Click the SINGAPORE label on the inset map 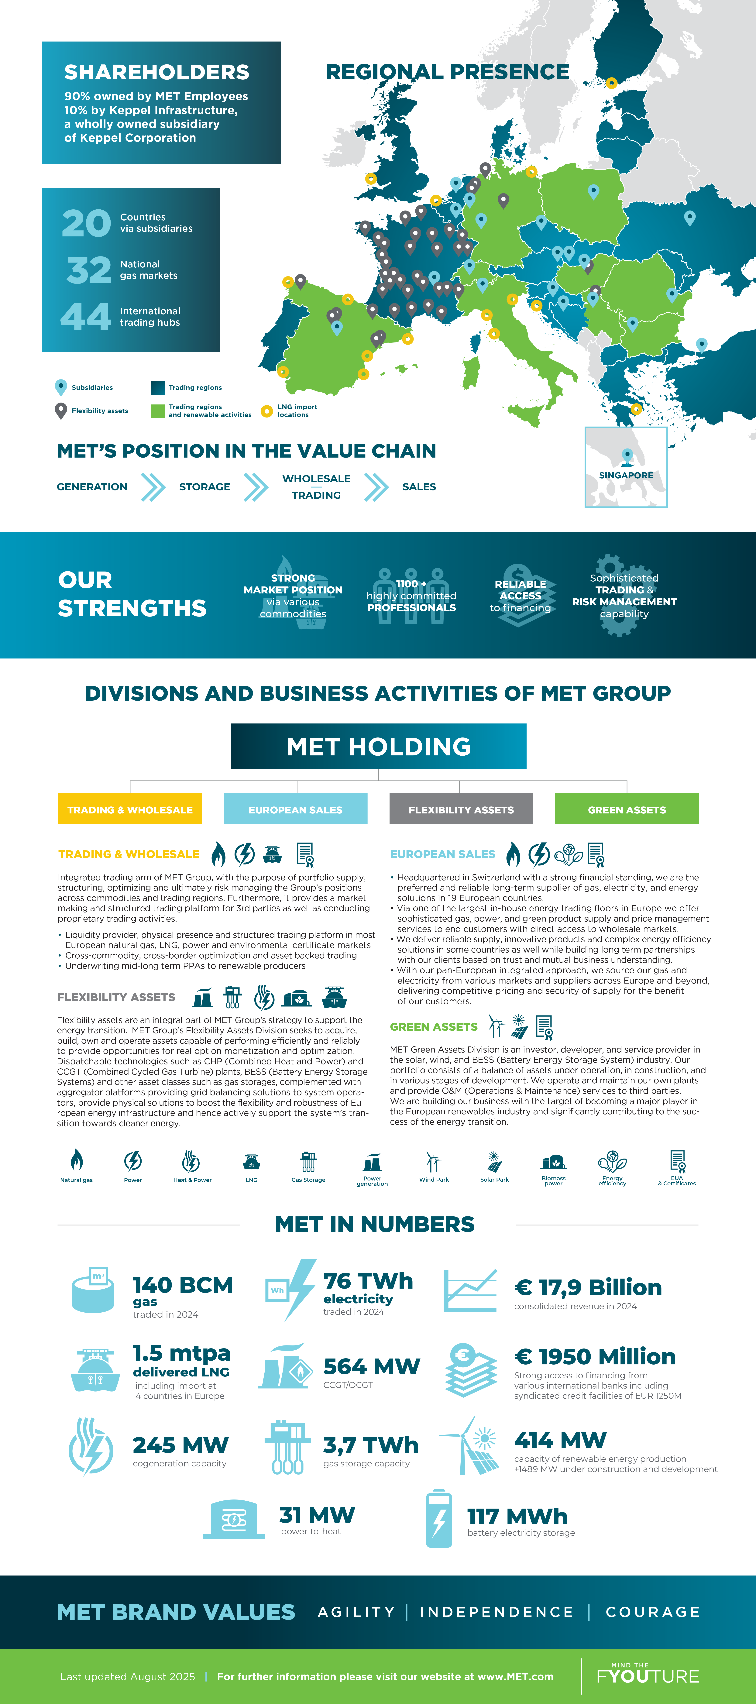click(x=626, y=475)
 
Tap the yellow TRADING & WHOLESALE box click(x=130, y=808)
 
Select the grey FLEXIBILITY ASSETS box click(x=461, y=808)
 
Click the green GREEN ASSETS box click(x=626, y=808)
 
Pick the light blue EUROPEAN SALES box click(x=296, y=808)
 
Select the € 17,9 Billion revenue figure click(x=588, y=1287)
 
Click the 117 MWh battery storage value click(x=517, y=1516)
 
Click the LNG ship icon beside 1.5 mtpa click(x=95, y=1369)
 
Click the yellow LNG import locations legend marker click(x=266, y=411)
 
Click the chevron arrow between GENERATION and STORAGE click(x=153, y=487)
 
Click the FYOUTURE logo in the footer click(x=648, y=1675)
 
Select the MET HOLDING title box click(x=378, y=746)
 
